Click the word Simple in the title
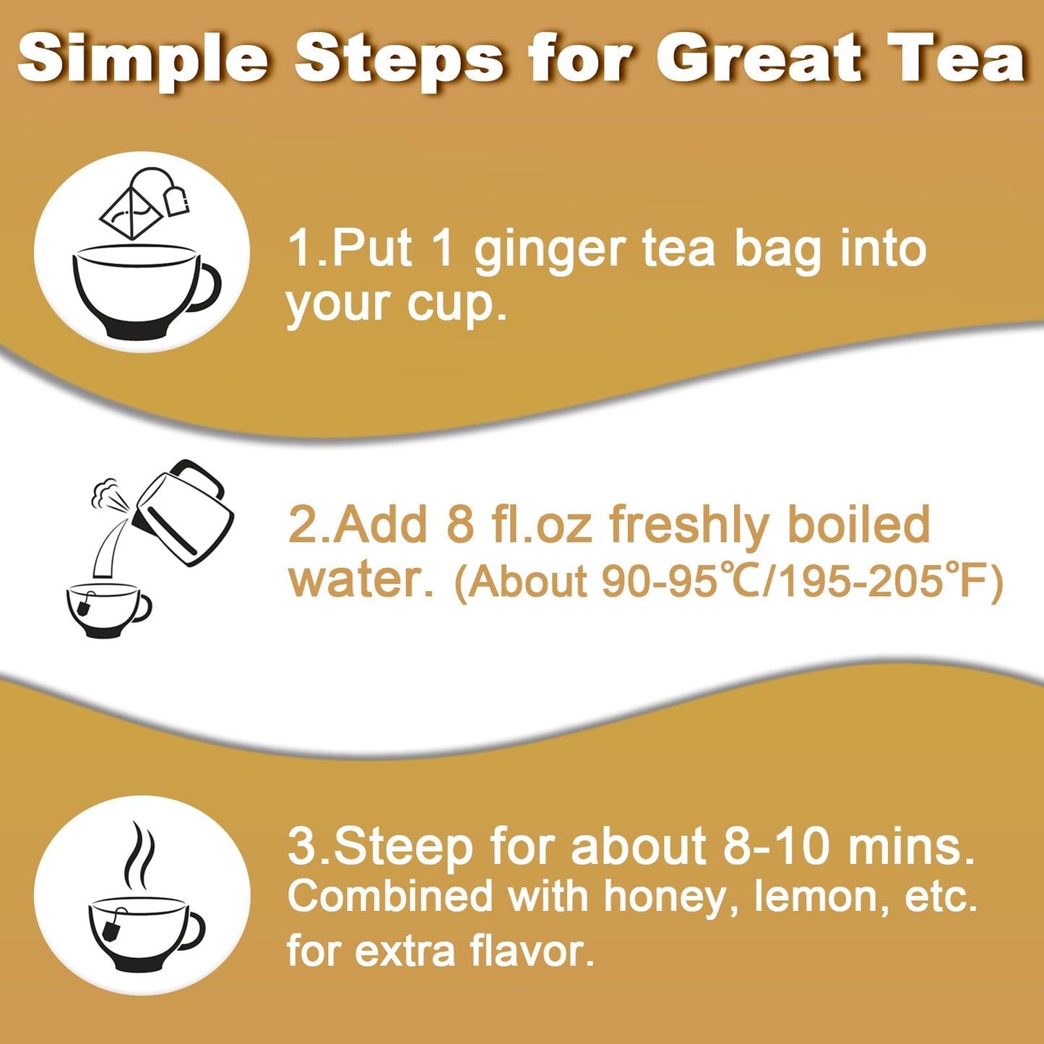point(143,59)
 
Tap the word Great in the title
point(759,59)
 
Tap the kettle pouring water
point(185,512)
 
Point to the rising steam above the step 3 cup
point(139,856)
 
